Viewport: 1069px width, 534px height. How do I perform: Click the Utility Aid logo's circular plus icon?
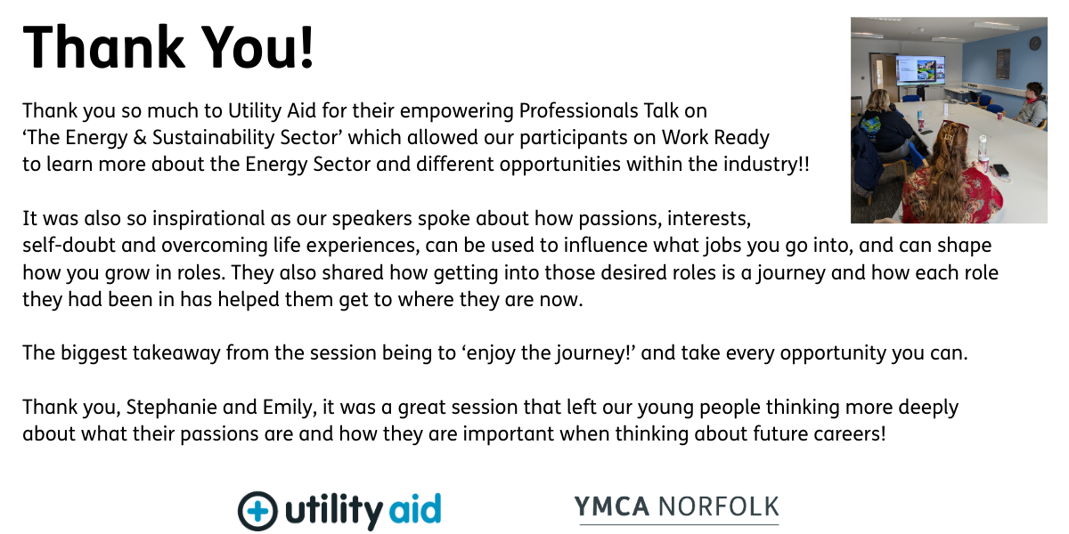pyautogui.click(x=257, y=511)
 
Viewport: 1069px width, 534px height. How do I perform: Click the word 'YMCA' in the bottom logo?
pyautogui.click(x=612, y=507)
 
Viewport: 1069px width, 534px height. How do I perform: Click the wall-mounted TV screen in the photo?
pyautogui.click(x=921, y=69)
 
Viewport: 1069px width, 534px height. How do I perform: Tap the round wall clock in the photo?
pyautogui.click(x=1035, y=42)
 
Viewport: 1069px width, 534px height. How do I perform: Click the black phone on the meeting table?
pyautogui.click(x=1000, y=169)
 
